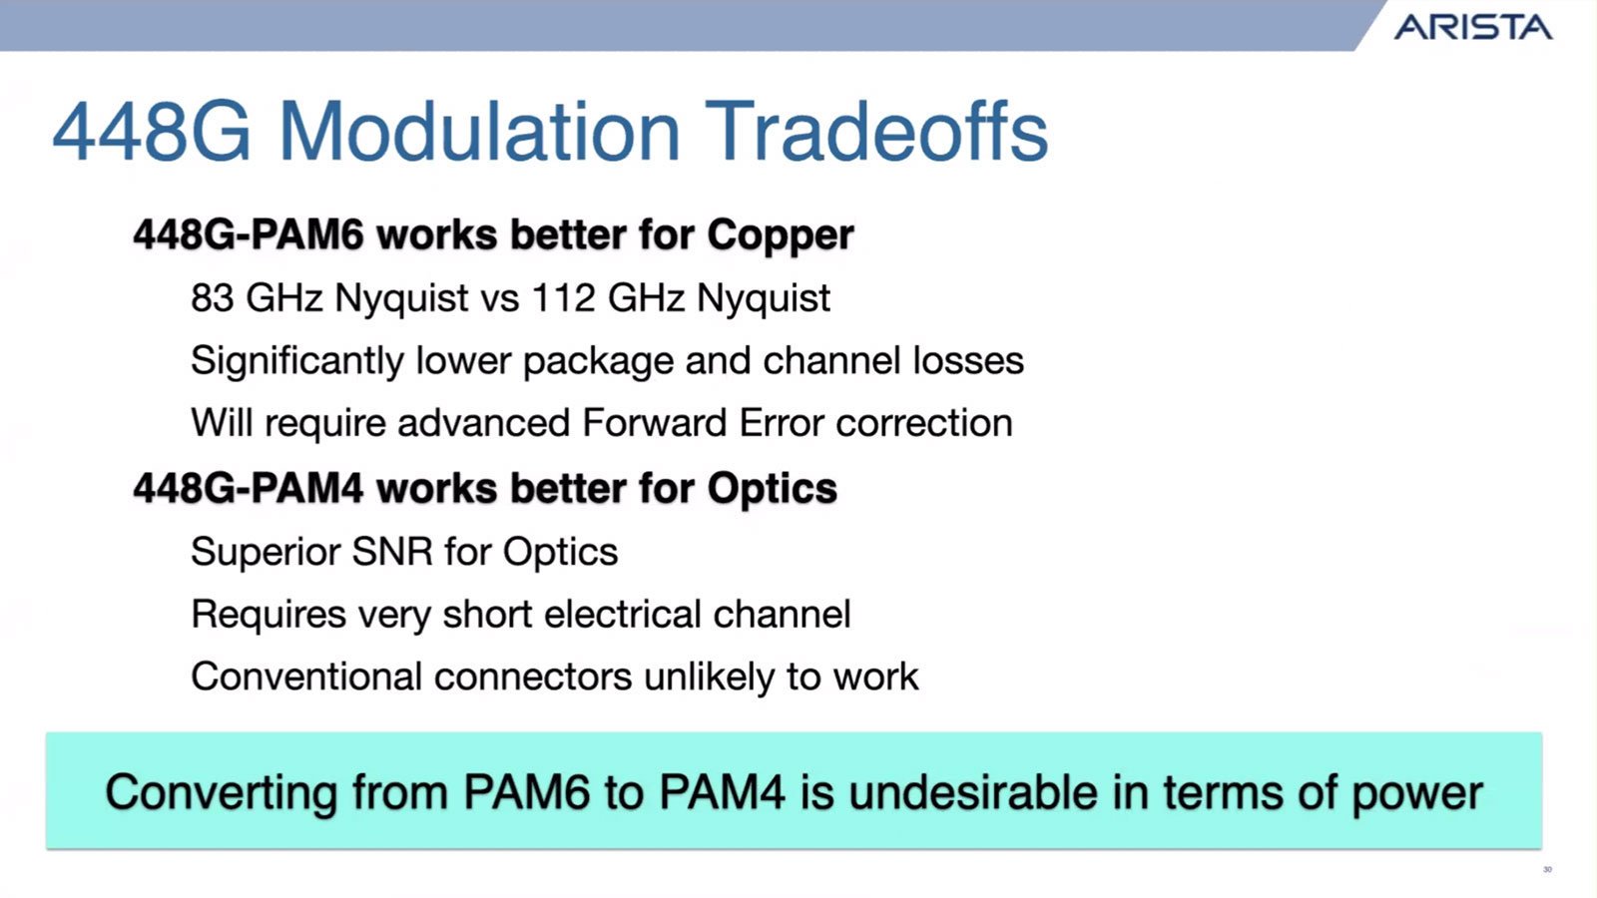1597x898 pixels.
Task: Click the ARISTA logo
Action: click(1473, 27)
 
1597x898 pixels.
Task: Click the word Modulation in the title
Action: click(479, 133)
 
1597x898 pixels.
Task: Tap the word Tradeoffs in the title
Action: click(878, 133)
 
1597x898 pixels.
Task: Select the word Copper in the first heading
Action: click(780, 235)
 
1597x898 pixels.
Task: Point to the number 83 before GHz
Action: click(212, 297)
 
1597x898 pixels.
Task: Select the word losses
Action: click(968, 360)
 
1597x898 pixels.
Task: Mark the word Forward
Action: click(655, 423)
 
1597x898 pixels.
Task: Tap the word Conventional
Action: click(306, 676)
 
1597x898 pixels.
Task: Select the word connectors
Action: click(533, 677)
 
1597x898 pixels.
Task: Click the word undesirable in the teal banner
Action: click(972, 792)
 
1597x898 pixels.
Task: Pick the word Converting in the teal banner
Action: click(221, 794)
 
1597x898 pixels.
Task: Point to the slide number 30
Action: click(1547, 869)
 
